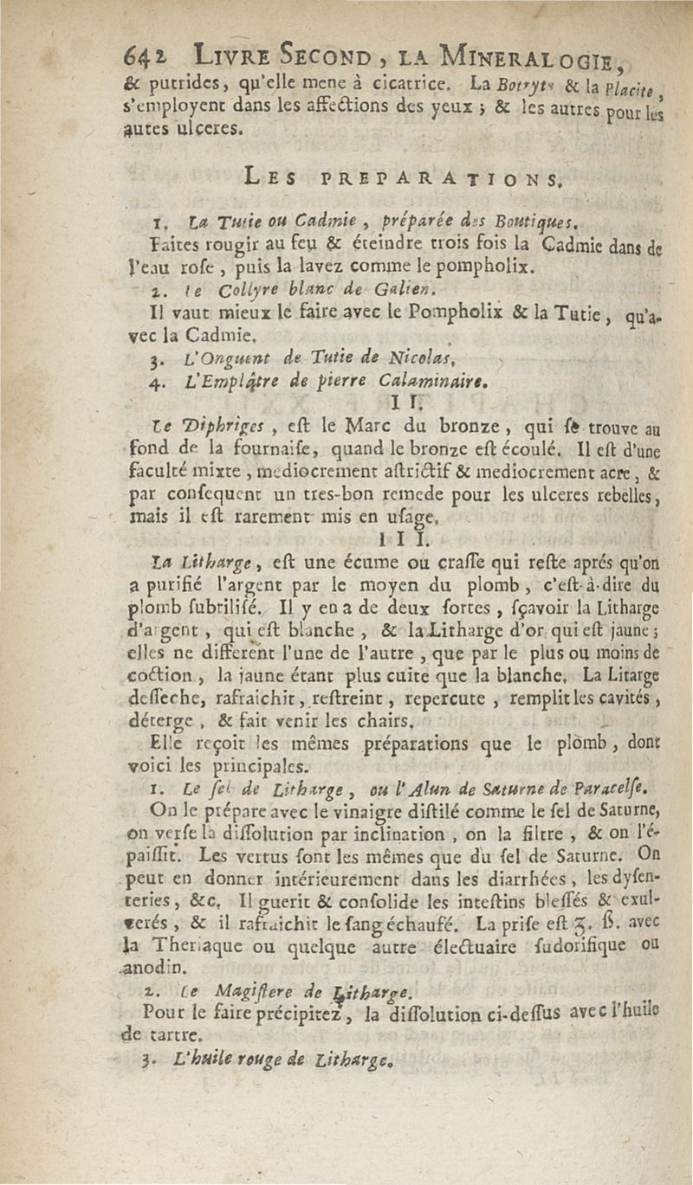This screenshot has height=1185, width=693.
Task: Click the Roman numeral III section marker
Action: click(393, 544)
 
